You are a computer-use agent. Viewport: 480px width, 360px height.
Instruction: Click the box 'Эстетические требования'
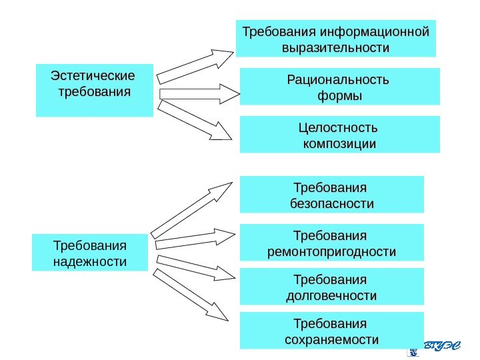(x=94, y=90)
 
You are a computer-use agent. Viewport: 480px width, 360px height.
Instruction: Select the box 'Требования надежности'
(x=90, y=252)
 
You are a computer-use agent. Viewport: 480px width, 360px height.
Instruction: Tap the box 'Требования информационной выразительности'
(x=336, y=39)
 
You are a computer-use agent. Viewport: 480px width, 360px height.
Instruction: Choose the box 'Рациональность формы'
(x=339, y=87)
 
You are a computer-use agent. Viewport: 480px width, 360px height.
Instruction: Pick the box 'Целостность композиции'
(x=339, y=135)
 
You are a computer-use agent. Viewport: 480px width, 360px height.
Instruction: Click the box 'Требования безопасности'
(x=331, y=194)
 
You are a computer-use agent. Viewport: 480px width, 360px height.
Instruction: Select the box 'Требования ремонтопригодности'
(x=331, y=242)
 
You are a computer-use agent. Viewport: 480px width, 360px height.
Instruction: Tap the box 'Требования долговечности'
(x=331, y=287)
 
